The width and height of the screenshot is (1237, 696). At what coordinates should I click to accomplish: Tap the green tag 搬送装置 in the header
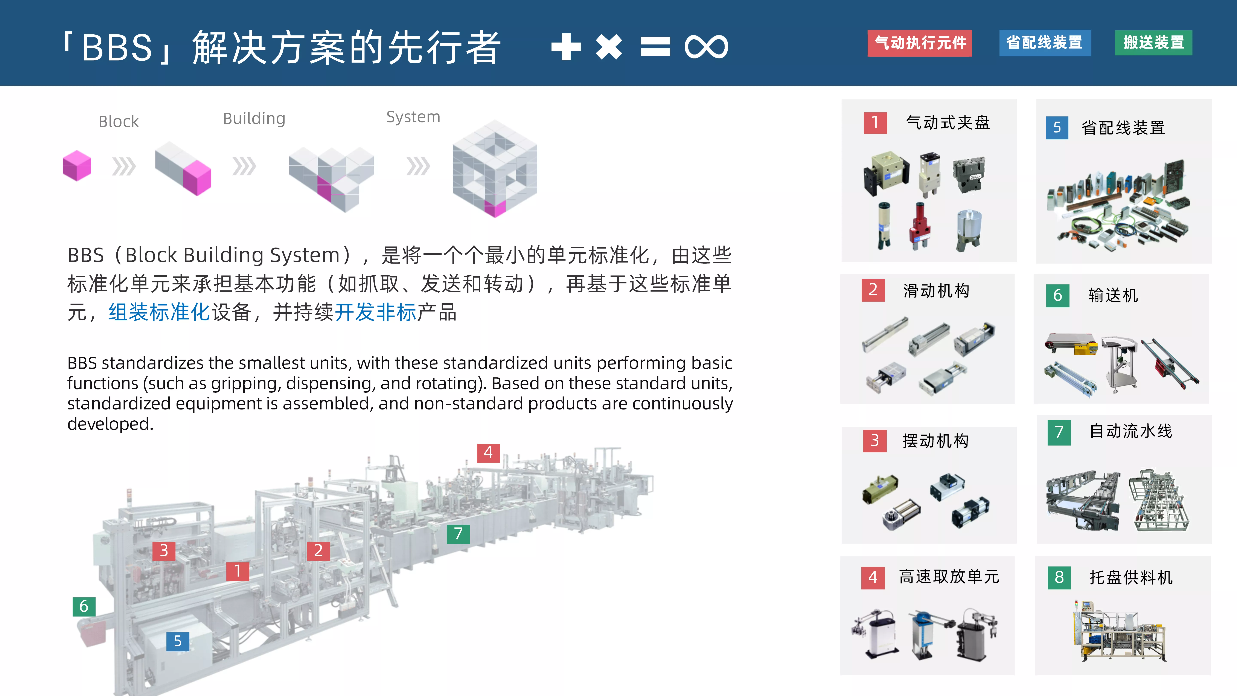coord(1153,43)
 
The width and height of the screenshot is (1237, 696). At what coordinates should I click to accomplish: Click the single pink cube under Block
coord(77,166)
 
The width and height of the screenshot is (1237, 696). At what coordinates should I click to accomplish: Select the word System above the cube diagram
coord(413,117)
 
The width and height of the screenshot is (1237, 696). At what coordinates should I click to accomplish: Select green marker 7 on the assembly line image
coord(458,534)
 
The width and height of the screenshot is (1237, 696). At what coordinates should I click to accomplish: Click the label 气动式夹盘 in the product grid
coord(948,122)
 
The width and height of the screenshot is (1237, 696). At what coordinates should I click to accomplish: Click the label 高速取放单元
coord(949,576)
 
